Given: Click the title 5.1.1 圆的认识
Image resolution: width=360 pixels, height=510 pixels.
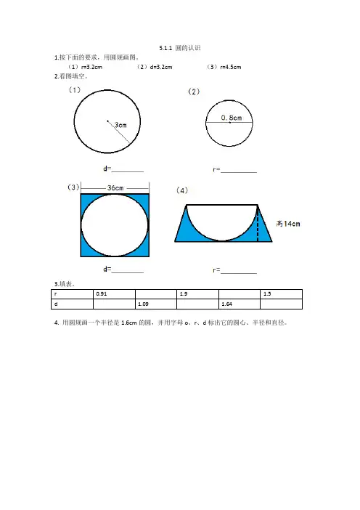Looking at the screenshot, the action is pyautogui.click(x=180, y=48).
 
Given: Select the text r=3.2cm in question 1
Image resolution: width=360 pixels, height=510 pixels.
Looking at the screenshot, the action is pyautogui.click(x=91, y=68).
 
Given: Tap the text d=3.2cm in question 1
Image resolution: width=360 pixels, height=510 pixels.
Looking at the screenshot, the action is pyautogui.click(x=161, y=68).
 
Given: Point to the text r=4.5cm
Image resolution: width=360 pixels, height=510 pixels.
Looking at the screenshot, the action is pyautogui.click(x=231, y=68).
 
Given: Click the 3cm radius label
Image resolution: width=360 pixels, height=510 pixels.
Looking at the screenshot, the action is pyautogui.click(x=120, y=125).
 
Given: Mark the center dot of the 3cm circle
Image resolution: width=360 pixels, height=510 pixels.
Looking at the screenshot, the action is pyautogui.click(x=107, y=121).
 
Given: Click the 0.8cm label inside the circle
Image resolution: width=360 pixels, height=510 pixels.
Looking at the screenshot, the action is pyautogui.click(x=232, y=118).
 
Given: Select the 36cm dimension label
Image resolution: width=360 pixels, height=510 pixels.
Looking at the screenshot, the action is pyautogui.click(x=115, y=188).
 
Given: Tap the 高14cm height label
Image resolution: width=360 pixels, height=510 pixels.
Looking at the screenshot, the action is pyautogui.click(x=288, y=224).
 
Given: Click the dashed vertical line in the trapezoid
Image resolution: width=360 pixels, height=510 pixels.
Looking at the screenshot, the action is pyautogui.click(x=258, y=223).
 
